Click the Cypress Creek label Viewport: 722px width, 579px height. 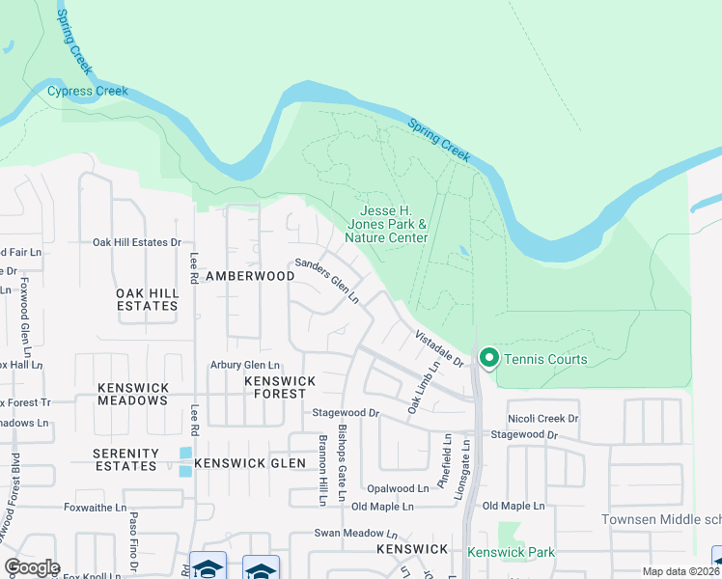click(88, 92)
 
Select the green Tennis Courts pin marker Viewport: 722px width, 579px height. click(488, 358)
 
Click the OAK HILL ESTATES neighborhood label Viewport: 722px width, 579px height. click(147, 299)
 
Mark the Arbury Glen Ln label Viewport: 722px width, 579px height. click(245, 365)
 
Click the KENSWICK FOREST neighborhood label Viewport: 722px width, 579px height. click(280, 387)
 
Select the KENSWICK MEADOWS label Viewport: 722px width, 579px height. click(133, 394)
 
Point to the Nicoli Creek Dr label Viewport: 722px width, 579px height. click(543, 419)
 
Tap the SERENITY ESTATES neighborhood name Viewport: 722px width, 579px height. click(125, 459)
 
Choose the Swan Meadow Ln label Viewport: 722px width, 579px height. click(355, 533)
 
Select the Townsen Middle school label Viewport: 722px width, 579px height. click(661, 519)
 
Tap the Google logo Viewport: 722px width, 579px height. click(32, 566)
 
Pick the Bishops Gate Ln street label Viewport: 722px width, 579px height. click(341, 462)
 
